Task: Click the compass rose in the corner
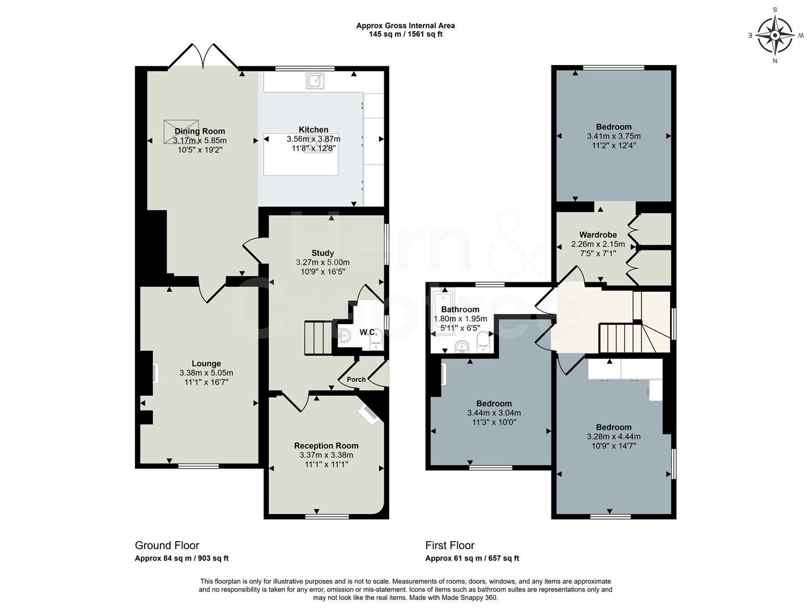(x=775, y=35)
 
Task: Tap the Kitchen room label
(x=313, y=130)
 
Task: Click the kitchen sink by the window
(x=315, y=81)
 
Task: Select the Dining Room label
(x=199, y=131)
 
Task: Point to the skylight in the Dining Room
(x=181, y=131)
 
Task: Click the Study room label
(x=322, y=253)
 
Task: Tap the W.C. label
(x=368, y=333)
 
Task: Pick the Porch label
(x=356, y=380)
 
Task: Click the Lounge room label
(x=206, y=364)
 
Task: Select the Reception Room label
(x=326, y=446)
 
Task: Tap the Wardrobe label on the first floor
(x=598, y=235)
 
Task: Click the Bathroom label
(x=460, y=310)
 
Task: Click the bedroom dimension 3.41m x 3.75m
(x=614, y=136)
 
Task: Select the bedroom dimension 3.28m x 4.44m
(x=614, y=436)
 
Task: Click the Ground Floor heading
(x=167, y=546)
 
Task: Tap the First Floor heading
(x=450, y=546)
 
